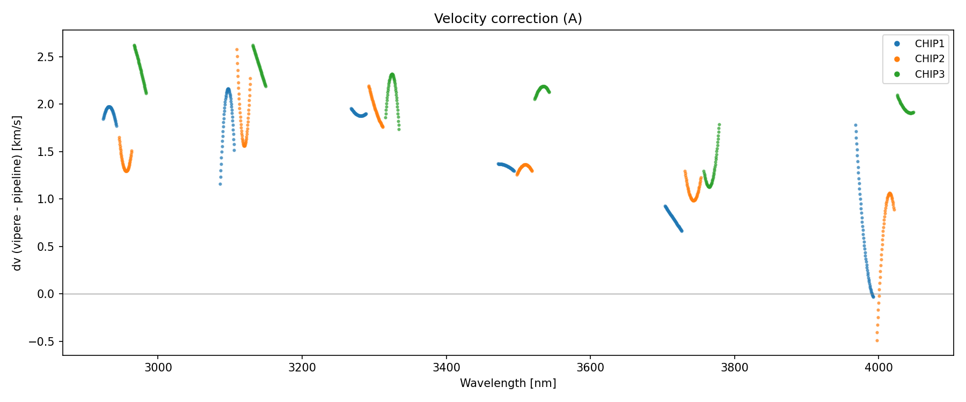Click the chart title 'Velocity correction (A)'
(x=508, y=19)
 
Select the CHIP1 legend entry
(x=930, y=44)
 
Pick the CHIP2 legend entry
(x=930, y=59)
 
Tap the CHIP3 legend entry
(x=930, y=75)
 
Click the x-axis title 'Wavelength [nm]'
(x=508, y=383)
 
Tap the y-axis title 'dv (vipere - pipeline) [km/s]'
(x=17, y=193)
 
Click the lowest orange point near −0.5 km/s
(x=877, y=340)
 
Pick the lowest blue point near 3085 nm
(x=220, y=184)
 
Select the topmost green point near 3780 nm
(x=719, y=125)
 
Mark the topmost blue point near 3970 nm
(x=855, y=125)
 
